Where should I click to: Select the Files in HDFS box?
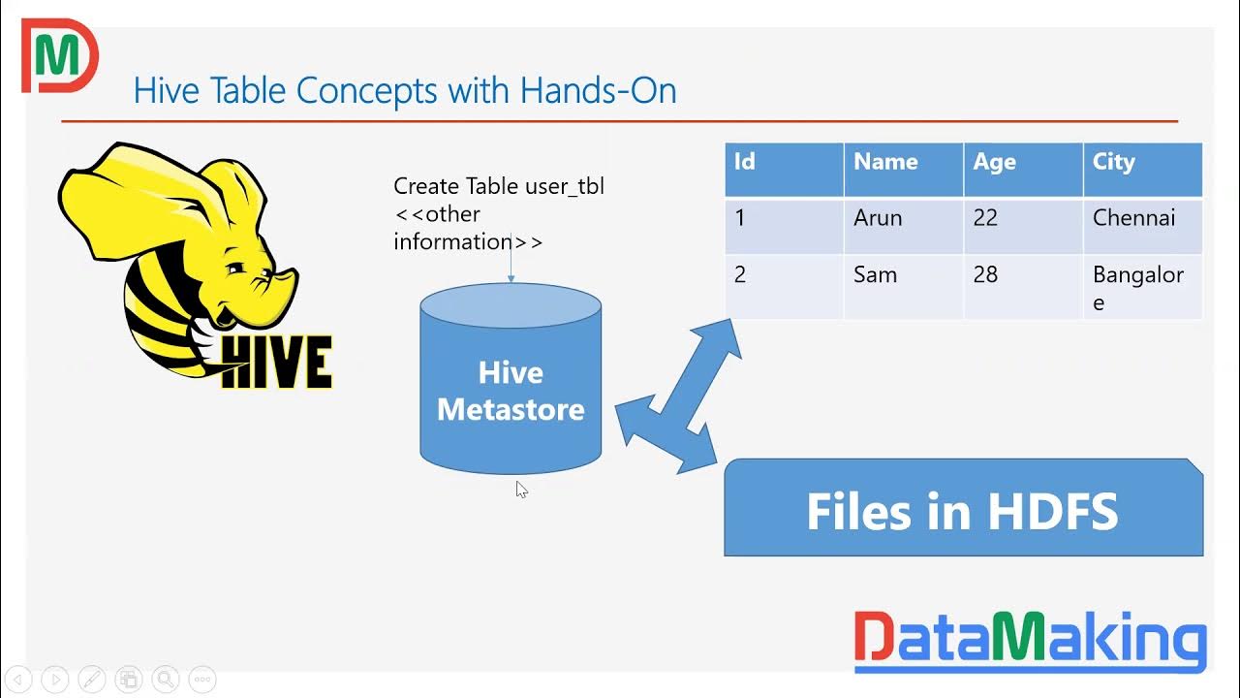[963, 510]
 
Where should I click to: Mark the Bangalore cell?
[1142, 287]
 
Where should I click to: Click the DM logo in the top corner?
[58, 56]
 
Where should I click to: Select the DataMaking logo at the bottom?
[1030, 641]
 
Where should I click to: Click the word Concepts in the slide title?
[368, 90]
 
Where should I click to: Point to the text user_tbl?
[564, 186]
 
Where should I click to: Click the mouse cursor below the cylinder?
[521, 490]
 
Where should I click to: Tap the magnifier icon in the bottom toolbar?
[165, 680]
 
